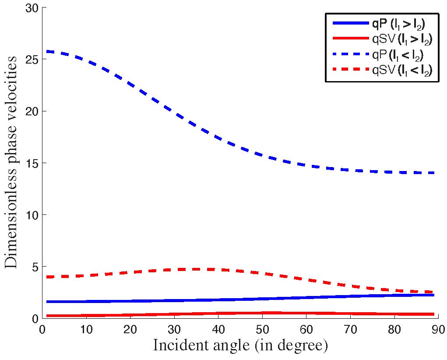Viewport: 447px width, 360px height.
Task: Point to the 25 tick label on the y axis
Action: (x=31, y=59)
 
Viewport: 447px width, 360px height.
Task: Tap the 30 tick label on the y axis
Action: (x=31, y=8)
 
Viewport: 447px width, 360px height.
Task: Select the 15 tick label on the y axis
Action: (x=31, y=163)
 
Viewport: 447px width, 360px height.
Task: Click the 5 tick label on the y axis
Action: (x=34, y=267)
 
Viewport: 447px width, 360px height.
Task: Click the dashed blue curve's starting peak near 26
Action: (x=48, y=52)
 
